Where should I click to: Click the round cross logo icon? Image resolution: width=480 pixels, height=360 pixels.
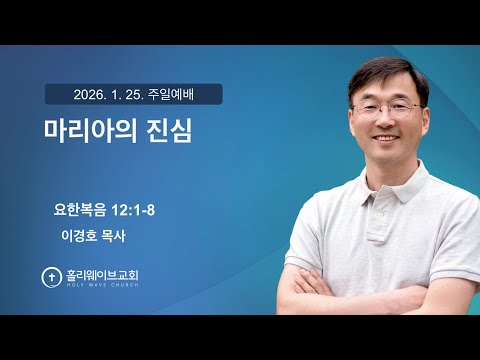[x=49, y=276]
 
